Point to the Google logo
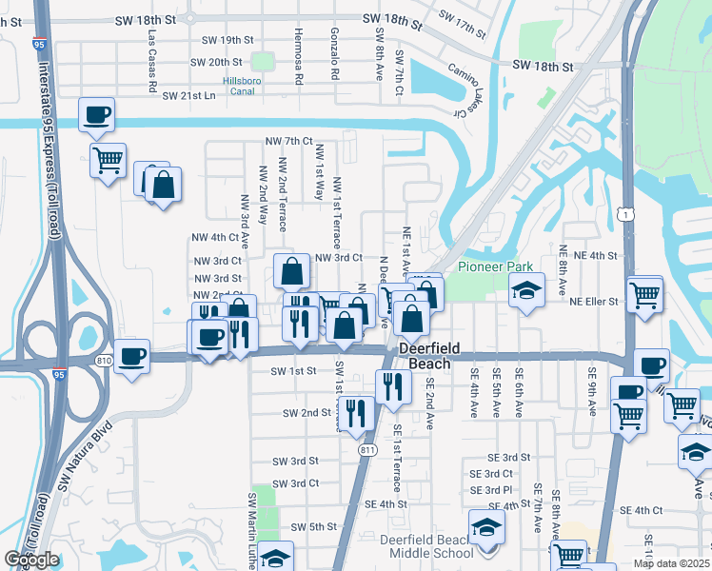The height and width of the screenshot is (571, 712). point(31,560)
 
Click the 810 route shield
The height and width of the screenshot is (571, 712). point(104,360)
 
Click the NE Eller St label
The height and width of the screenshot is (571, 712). point(594,301)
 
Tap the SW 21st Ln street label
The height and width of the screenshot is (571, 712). point(197,96)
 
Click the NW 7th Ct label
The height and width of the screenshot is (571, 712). point(288,141)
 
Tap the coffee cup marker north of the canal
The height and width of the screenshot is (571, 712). point(96,115)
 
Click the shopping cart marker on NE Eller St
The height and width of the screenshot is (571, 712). point(645,294)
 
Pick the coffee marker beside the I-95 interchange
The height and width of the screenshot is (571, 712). point(131,357)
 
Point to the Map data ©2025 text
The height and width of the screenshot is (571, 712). point(672,563)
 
